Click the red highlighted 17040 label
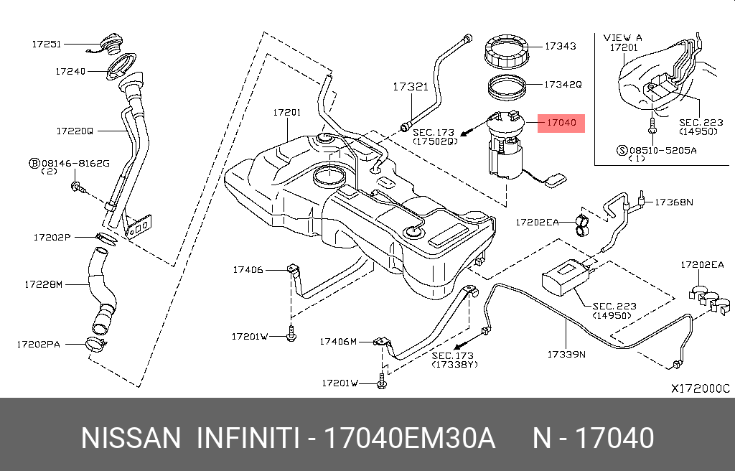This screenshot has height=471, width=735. [x=561, y=123]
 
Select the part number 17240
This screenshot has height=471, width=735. [x=70, y=72]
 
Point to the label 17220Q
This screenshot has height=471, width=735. [x=75, y=131]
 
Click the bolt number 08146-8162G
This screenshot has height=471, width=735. [x=75, y=164]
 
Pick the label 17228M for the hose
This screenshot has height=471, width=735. [x=44, y=284]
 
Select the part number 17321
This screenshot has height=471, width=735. [x=410, y=87]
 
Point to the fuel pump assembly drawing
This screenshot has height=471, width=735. [x=507, y=147]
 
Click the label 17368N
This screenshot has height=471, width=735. [x=673, y=202]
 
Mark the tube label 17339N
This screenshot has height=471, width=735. [x=566, y=354]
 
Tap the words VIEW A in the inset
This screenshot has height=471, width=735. [x=623, y=37]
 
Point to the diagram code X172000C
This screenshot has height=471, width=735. [x=700, y=388]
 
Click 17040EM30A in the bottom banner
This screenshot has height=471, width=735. [x=410, y=438]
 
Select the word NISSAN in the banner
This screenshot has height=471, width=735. [x=131, y=438]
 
